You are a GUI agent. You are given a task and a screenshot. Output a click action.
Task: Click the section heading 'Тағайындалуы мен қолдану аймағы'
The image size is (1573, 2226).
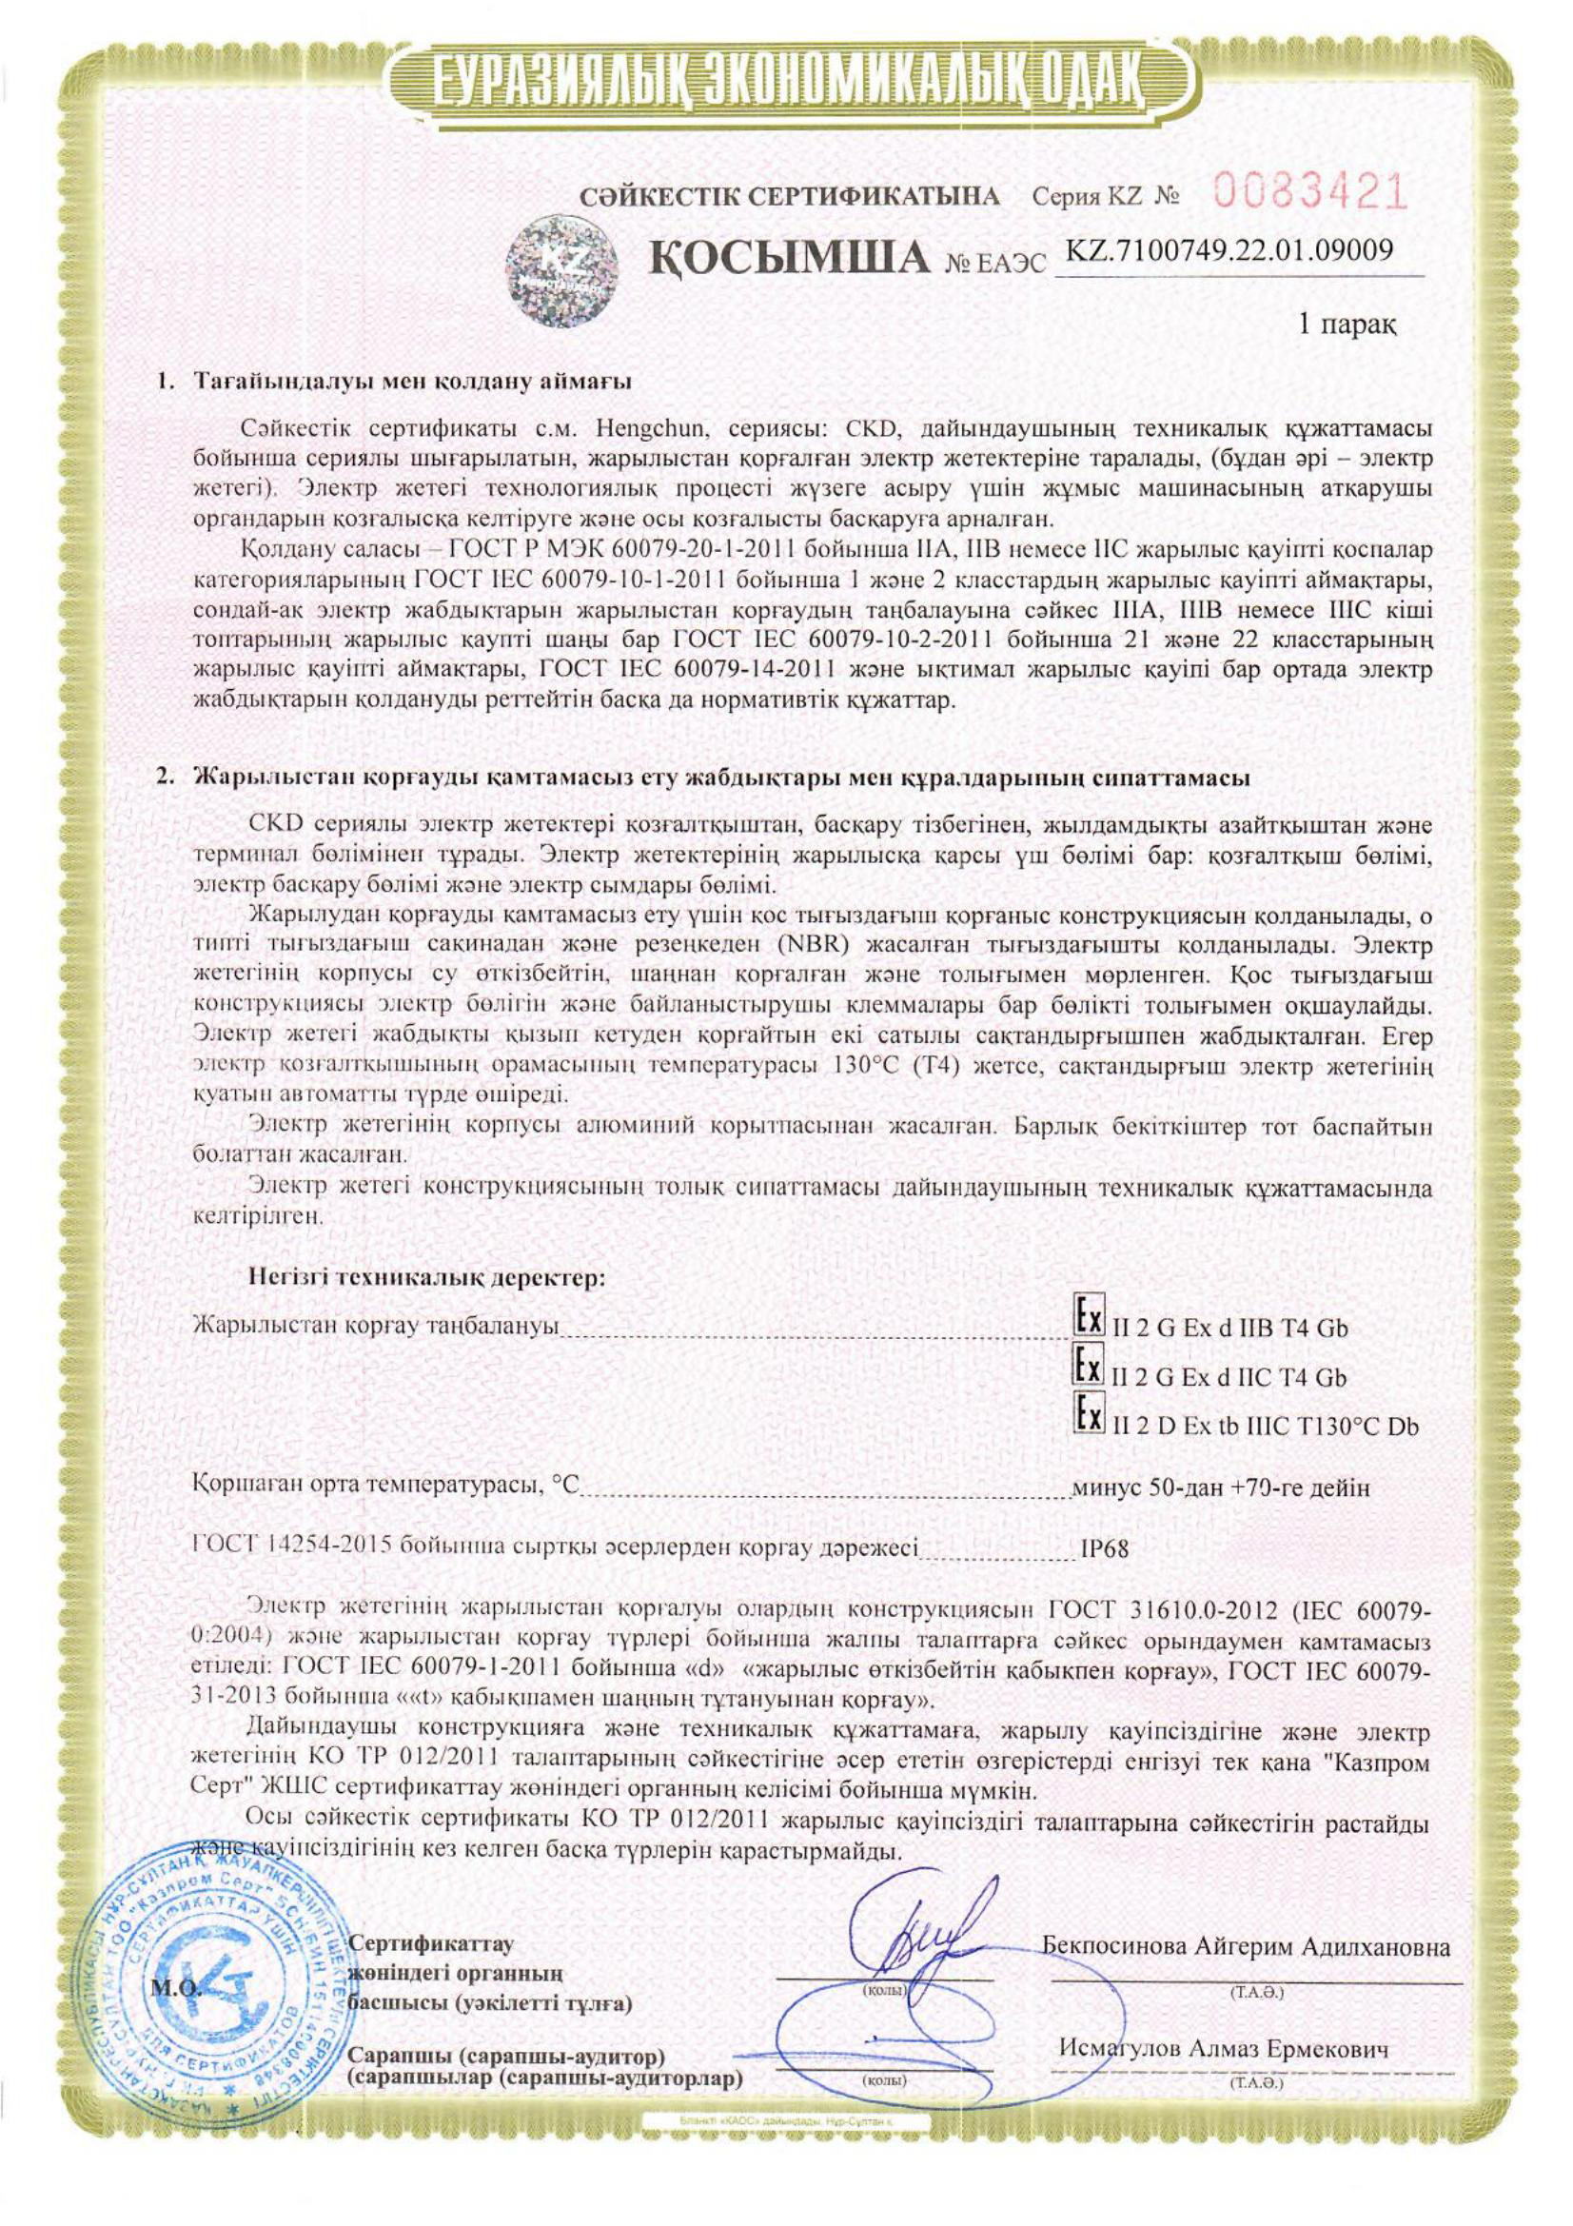(413, 380)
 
